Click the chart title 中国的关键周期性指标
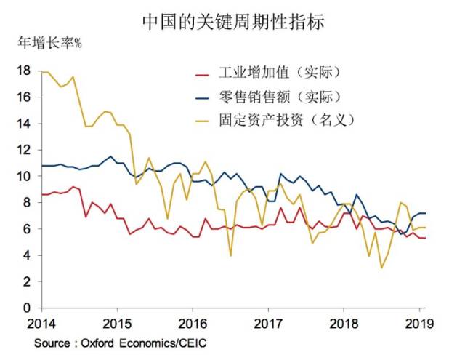[x=232, y=21]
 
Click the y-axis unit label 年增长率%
[x=49, y=42]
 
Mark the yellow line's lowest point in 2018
[x=381, y=268]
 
